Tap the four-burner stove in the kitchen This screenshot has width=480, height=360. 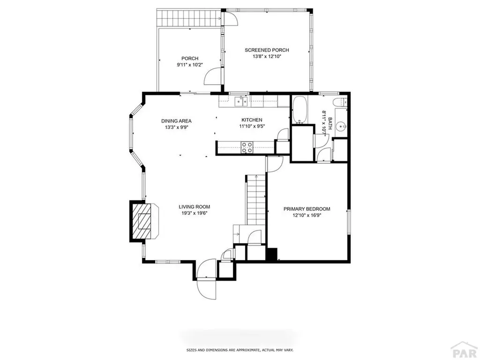click(247, 147)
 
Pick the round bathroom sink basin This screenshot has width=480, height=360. click(342, 126)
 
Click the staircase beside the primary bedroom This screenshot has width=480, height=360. click(255, 199)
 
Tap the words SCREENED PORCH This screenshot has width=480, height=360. click(267, 50)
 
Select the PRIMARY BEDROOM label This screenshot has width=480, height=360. click(307, 209)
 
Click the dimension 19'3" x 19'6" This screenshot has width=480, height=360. click(194, 213)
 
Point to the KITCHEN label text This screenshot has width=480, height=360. click(252, 120)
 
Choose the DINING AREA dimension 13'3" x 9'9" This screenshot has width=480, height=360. click(176, 127)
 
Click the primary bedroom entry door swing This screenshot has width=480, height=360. click(274, 164)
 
